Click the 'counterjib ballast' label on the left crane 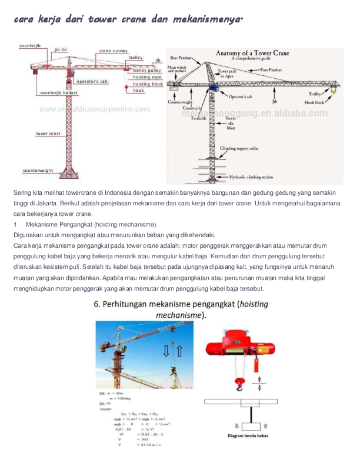click(x=58, y=92)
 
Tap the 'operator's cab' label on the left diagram click(x=92, y=81)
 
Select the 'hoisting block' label click(x=148, y=84)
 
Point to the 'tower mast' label click(x=48, y=134)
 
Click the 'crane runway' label click(x=114, y=51)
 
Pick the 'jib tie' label click(x=61, y=49)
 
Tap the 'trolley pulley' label click(x=146, y=71)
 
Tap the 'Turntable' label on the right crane click(x=198, y=118)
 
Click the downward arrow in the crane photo click(x=166, y=351)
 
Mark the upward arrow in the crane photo click(x=179, y=351)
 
